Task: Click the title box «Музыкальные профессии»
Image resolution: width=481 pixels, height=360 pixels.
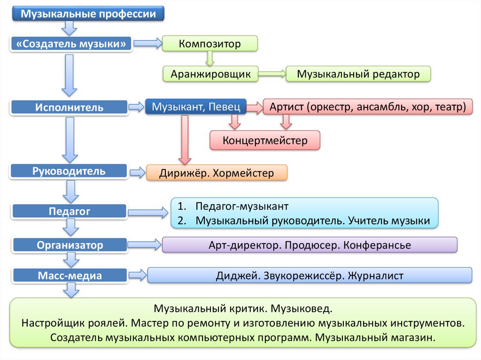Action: point(88,14)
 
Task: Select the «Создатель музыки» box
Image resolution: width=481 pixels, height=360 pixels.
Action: point(71,44)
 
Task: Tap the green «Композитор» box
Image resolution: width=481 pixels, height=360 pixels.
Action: point(209,44)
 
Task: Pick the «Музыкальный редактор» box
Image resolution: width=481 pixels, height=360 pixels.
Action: point(358,74)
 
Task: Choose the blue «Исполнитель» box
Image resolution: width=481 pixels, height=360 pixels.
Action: point(69,107)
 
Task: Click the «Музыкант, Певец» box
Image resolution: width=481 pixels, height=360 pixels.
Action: point(196,107)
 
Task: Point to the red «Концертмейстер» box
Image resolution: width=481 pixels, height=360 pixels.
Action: point(265,140)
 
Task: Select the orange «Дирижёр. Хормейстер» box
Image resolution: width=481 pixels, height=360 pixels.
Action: point(217,173)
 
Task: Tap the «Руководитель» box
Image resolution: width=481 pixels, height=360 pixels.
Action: point(69,171)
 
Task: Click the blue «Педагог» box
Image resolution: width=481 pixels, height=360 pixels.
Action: point(69,211)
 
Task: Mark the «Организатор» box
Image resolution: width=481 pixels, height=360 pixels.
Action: point(70,245)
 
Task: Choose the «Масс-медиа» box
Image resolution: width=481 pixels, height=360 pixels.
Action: point(70,276)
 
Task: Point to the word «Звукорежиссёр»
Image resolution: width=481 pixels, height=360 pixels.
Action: point(301,276)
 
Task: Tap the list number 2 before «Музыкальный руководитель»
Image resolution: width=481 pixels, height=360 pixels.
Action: point(181,221)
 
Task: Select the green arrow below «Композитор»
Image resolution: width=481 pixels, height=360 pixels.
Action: point(209,58)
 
